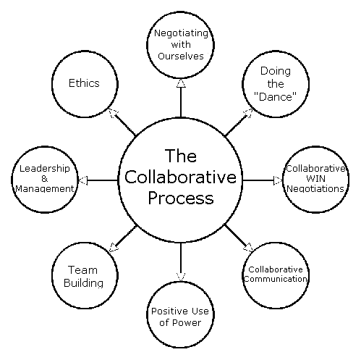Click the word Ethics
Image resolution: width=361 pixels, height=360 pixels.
click(x=84, y=83)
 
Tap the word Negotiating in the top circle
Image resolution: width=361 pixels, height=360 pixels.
click(x=181, y=33)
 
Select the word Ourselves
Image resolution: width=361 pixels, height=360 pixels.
click(x=181, y=56)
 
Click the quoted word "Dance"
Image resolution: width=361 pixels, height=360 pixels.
click(x=275, y=97)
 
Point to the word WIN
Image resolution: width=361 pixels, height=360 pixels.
click(x=315, y=178)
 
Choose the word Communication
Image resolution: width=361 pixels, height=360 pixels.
click(x=276, y=279)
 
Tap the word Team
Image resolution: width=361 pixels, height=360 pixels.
click(x=82, y=270)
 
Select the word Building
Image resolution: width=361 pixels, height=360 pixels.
click(x=83, y=283)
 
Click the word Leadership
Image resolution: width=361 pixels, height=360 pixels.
click(x=45, y=169)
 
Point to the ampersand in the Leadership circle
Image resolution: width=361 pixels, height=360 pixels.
click(x=45, y=179)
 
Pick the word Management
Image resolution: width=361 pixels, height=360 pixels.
click(x=45, y=188)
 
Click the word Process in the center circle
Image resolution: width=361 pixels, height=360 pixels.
click(x=181, y=198)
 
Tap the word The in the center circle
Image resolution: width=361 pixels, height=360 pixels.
click(x=181, y=156)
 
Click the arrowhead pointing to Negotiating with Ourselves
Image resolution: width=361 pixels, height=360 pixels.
click(x=181, y=83)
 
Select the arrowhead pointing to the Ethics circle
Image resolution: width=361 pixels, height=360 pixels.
click(x=113, y=112)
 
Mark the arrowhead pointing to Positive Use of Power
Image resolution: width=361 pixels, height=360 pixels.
click(x=181, y=277)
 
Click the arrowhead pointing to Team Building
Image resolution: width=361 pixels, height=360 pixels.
click(x=114, y=248)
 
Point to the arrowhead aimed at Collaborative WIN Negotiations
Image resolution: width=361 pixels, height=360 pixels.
click(x=278, y=180)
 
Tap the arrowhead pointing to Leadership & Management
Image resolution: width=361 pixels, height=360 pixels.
click(x=83, y=180)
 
